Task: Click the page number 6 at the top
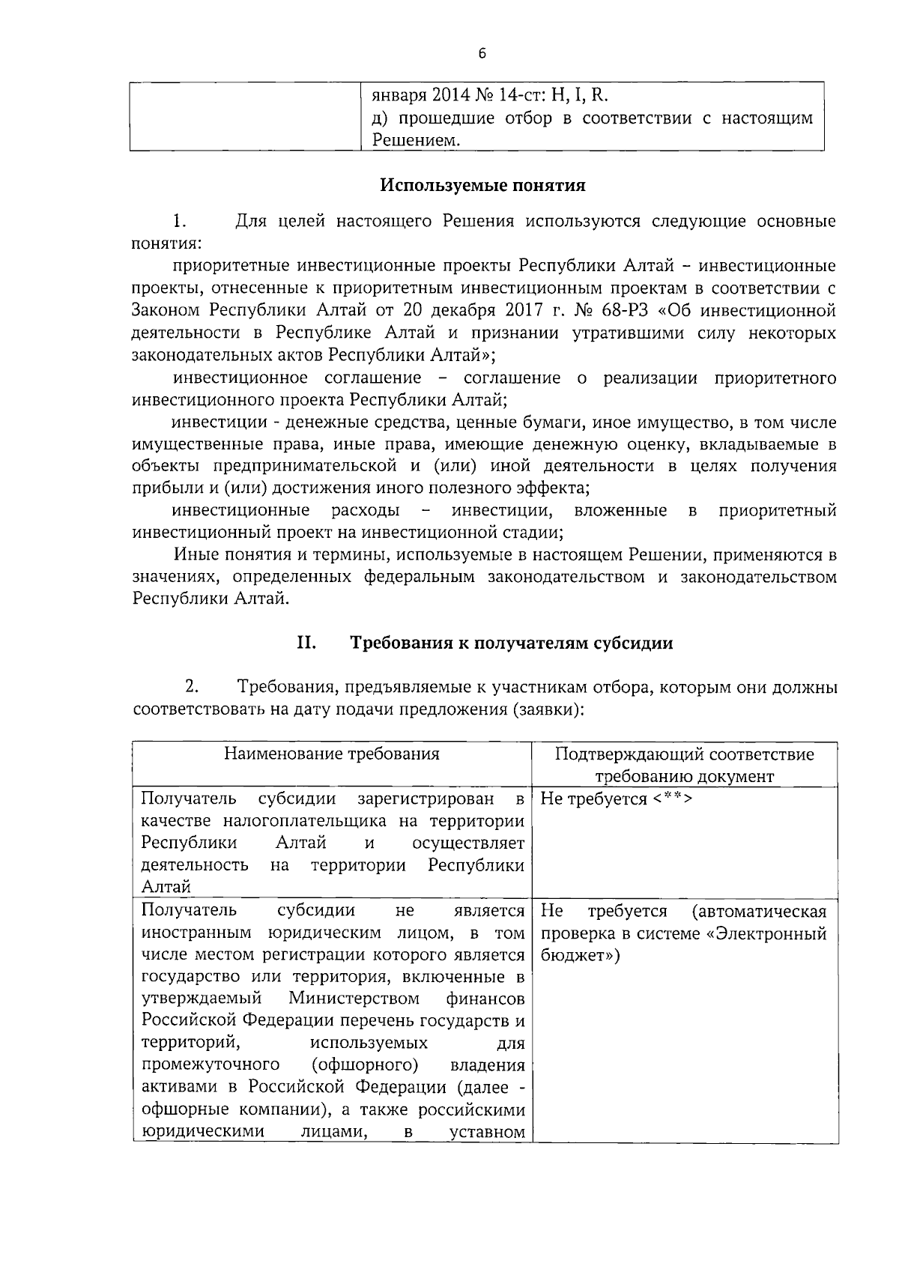[482, 53]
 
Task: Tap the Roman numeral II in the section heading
[306, 642]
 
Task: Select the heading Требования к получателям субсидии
[512, 643]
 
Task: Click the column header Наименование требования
[332, 754]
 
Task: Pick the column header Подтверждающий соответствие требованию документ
[684, 765]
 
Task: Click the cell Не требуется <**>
[616, 799]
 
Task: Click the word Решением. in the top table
[417, 139]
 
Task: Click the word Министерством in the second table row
[354, 999]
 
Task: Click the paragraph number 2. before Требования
[192, 686]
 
